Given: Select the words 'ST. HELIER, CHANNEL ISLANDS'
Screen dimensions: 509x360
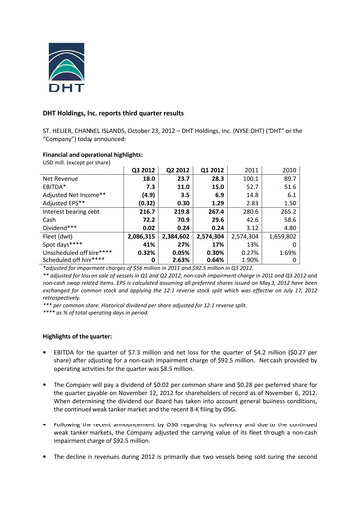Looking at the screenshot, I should tap(90, 132).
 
